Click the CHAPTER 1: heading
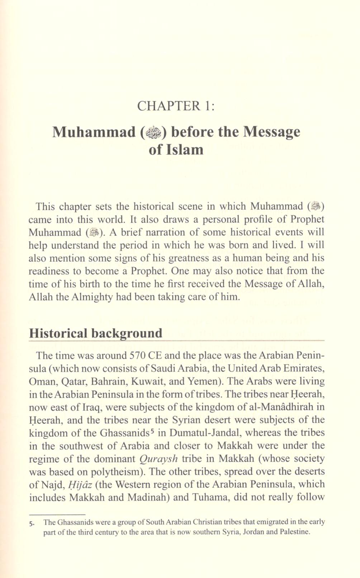(176, 106)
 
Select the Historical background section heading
(95, 333)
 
